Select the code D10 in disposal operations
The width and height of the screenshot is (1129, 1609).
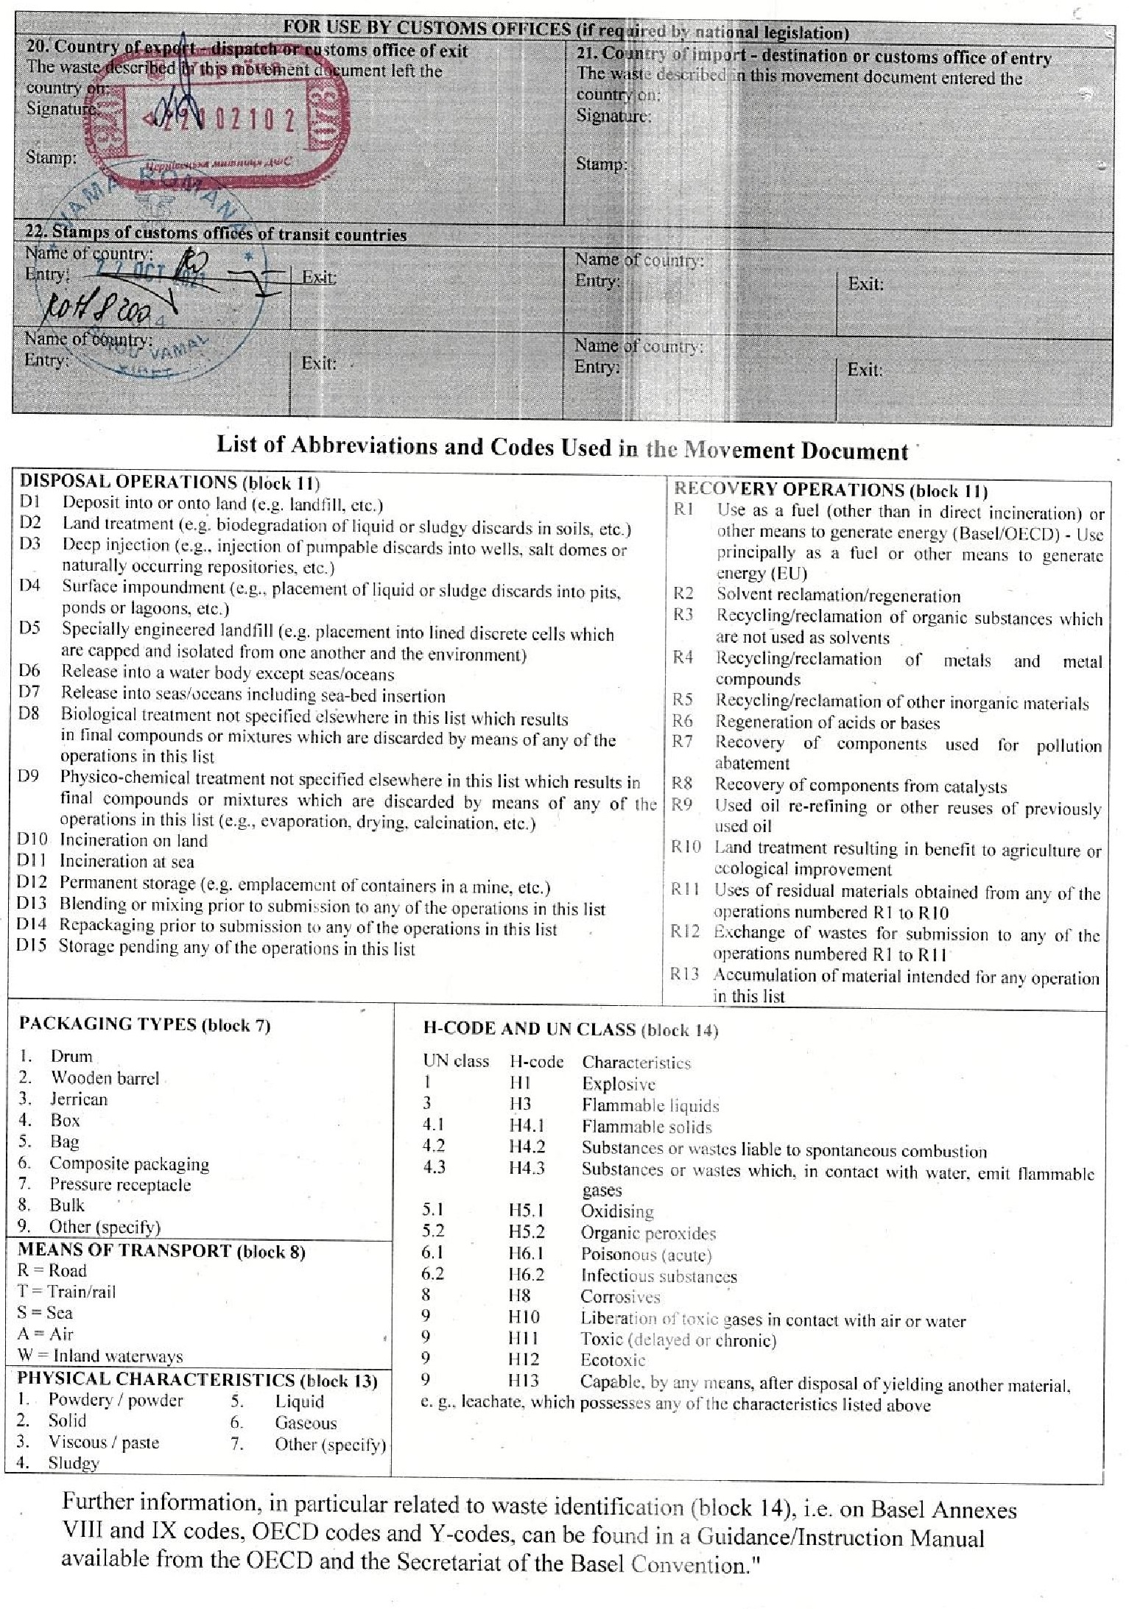coord(32,840)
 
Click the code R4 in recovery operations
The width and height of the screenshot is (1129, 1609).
coord(683,658)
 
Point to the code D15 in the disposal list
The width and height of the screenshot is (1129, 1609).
coord(32,946)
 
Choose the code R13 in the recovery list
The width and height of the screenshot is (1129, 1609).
coord(684,975)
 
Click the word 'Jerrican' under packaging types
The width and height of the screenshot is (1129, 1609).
coord(78,1099)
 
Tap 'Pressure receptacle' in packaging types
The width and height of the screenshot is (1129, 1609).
coord(120,1184)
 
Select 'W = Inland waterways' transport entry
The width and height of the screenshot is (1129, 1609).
coord(99,1356)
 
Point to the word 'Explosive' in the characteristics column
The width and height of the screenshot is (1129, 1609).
coord(618,1084)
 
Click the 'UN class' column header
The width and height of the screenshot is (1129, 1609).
coord(456,1061)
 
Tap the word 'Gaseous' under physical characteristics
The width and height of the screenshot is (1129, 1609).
coord(306,1423)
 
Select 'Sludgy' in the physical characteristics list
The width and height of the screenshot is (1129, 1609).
coord(74,1462)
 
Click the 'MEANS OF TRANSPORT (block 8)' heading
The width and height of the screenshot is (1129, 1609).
coord(161,1250)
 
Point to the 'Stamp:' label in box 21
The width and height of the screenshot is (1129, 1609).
coord(601,163)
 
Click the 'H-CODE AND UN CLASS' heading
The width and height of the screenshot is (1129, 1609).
coord(570,1029)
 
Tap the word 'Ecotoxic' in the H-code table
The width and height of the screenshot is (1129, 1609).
coord(613,1360)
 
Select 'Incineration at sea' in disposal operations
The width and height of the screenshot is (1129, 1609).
coord(127,861)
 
